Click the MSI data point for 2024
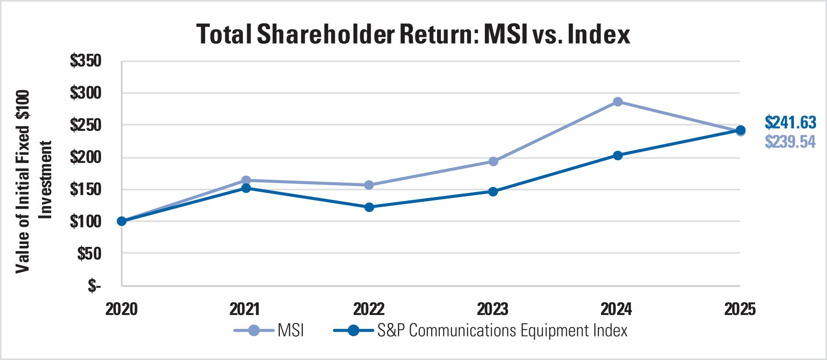coord(618,102)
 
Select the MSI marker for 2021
coord(246,180)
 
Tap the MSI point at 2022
coord(369,185)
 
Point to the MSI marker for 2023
coord(493,162)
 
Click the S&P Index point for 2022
coord(369,207)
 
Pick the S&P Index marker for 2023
coord(493,192)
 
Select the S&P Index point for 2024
coord(618,155)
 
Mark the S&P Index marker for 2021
coord(246,188)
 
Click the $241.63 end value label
coord(790,123)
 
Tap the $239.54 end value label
coord(790,142)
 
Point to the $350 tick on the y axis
coord(86,61)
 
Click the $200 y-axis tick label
coord(86,157)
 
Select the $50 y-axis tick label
coord(90,254)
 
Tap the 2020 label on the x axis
coord(121,309)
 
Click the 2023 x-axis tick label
coord(493,309)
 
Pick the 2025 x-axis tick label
coord(740,309)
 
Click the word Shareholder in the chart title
coord(326,35)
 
